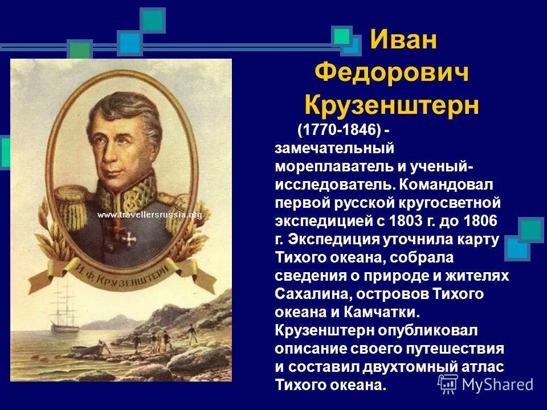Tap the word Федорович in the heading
click(392, 73)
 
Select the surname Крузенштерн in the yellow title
click(392, 105)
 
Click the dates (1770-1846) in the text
click(338, 130)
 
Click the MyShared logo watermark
click(487, 383)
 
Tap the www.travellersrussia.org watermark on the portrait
click(149, 215)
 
